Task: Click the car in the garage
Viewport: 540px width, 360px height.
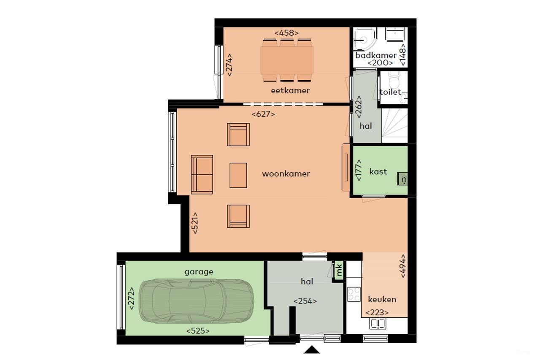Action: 197,301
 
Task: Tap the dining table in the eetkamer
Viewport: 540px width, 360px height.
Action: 287,60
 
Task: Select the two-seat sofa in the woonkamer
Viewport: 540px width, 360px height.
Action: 202,174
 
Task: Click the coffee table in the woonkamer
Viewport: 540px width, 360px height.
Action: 238,175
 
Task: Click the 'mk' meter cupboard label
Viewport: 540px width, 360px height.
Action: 338,270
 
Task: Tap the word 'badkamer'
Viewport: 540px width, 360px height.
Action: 375,55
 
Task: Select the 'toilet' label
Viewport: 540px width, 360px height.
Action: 390,92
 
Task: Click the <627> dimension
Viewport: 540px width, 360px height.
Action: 263,114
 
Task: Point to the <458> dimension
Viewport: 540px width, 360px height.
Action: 287,32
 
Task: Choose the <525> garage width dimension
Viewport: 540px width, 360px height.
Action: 198,331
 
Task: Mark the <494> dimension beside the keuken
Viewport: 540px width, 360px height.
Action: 402,266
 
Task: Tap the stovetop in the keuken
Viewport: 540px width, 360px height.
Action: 354,294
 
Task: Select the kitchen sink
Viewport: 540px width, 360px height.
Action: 378,323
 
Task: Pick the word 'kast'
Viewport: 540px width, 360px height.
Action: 378,171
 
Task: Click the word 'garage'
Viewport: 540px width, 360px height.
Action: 199,272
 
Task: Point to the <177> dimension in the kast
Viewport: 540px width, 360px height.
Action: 359,170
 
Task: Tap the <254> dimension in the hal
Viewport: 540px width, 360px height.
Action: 305,301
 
